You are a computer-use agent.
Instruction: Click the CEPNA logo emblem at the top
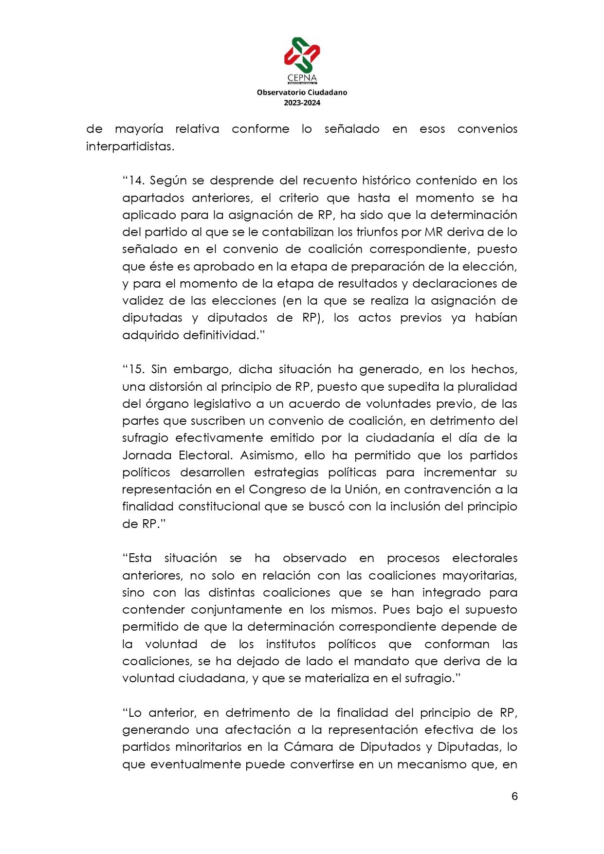tap(302, 55)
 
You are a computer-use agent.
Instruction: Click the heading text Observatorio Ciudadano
tap(302, 92)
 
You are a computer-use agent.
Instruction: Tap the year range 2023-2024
tap(302, 103)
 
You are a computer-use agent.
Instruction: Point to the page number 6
tap(514, 797)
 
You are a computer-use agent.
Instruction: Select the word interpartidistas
tap(129, 146)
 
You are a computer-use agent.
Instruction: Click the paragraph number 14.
tap(136, 181)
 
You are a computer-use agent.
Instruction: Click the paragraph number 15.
tap(136, 369)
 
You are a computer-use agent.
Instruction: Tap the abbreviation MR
tap(434, 232)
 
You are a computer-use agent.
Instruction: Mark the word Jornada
tap(146, 455)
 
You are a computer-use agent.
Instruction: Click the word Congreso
tap(274, 490)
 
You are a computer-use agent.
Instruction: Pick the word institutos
tap(291, 644)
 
